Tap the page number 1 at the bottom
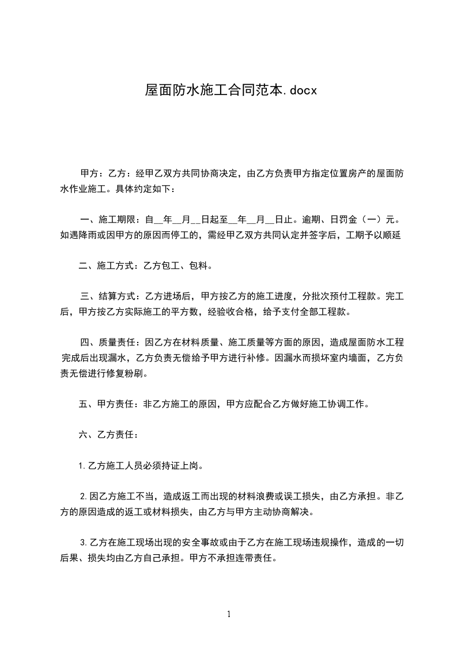(229, 614)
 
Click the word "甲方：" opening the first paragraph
(89, 174)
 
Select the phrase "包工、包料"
(189, 266)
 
